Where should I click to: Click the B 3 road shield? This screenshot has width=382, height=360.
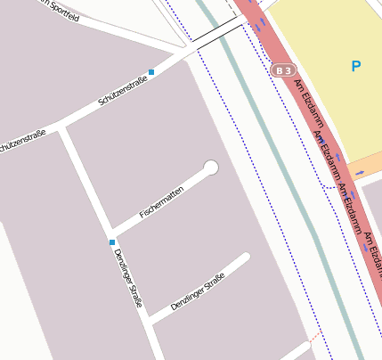[283, 70]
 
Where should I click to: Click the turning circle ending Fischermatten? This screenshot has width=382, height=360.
[211, 168]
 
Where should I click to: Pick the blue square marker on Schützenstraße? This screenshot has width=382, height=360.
[152, 71]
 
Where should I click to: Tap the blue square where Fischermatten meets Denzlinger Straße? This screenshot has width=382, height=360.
[112, 241]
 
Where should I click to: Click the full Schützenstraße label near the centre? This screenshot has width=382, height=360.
[123, 92]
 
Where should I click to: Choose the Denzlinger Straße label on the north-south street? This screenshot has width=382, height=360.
[128, 278]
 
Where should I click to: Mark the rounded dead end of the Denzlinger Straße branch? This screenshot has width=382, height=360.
[246, 258]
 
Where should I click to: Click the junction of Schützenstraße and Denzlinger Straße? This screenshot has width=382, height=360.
[63, 127]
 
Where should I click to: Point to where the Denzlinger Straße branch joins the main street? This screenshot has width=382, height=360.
[148, 318]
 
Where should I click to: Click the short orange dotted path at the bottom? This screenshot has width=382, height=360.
[312, 340]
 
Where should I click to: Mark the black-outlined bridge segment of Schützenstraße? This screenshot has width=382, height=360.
[218, 34]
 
